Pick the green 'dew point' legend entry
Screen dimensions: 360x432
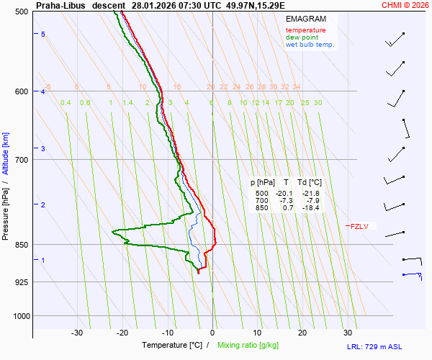302,37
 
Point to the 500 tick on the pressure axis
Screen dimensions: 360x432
21,12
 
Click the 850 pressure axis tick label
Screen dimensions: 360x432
21,245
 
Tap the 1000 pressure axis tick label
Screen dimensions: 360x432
19,315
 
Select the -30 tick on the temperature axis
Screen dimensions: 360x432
77,333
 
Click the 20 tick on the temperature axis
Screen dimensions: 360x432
302,333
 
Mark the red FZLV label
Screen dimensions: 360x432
359,226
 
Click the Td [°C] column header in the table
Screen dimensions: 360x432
310,182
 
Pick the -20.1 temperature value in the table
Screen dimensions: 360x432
284,194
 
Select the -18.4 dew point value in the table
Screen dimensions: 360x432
311,208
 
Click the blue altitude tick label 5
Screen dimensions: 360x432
42,35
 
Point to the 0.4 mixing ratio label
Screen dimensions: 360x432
66,103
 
